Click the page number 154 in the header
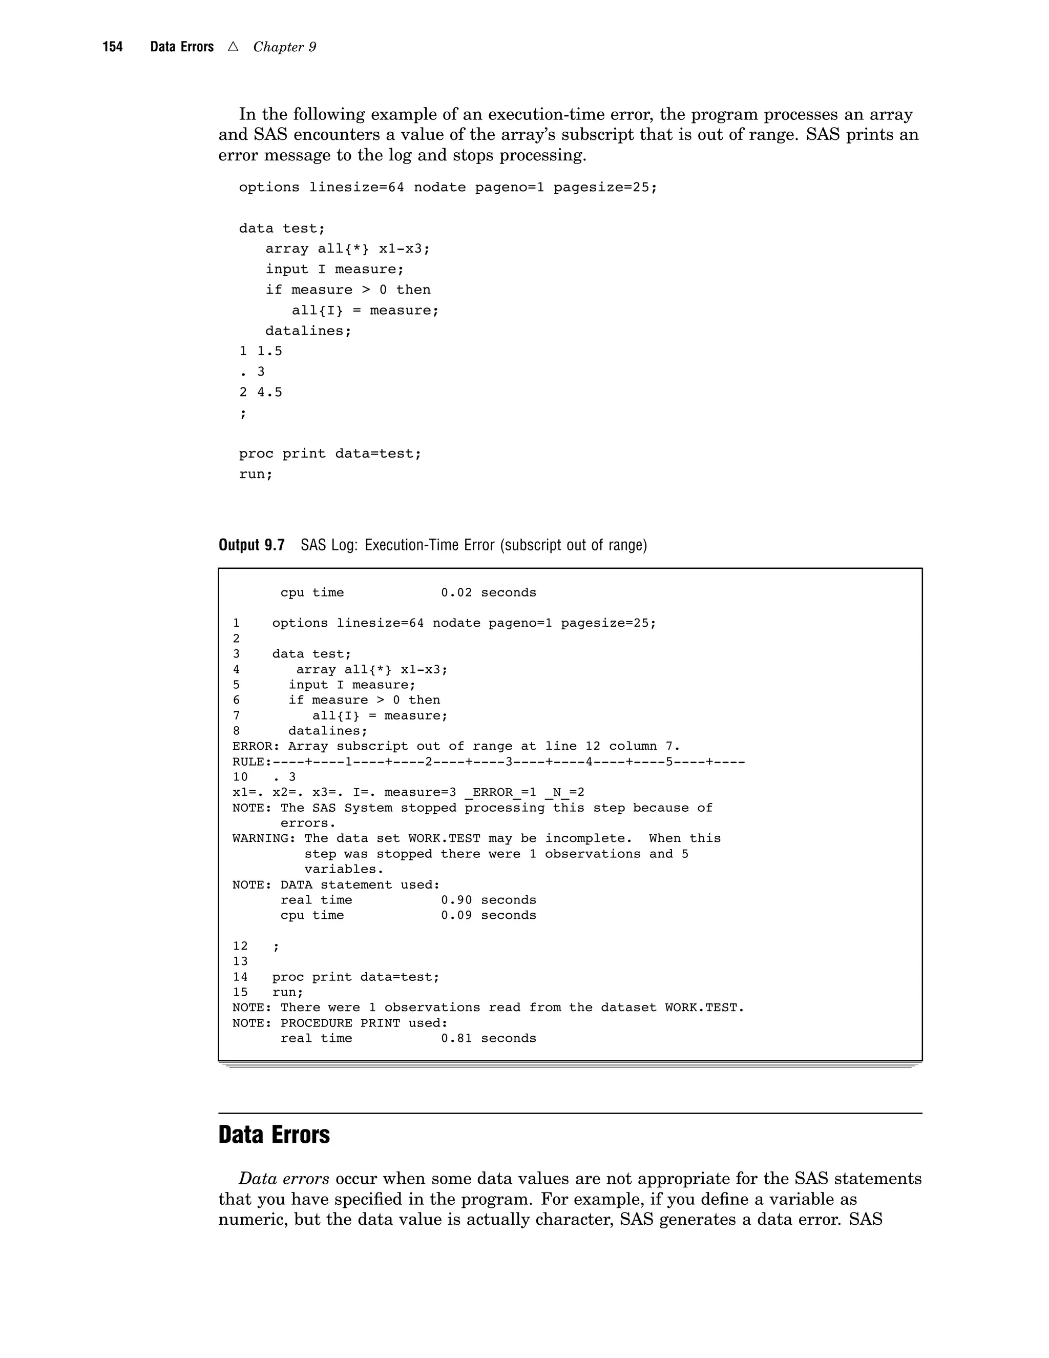(x=113, y=47)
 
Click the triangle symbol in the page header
(x=233, y=47)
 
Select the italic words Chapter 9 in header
(x=285, y=47)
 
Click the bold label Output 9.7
(x=251, y=545)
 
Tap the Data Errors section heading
(x=274, y=1135)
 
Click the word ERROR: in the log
(x=256, y=746)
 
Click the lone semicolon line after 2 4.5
(x=243, y=413)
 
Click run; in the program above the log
(x=256, y=475)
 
